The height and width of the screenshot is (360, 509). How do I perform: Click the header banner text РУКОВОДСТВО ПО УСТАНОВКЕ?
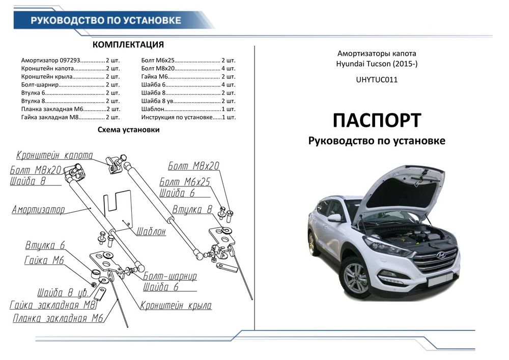(106, 20)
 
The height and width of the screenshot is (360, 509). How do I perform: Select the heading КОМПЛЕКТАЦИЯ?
(128, 44)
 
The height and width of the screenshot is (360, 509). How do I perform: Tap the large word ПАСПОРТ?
(377, 121)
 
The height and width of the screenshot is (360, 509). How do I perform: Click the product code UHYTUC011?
(377, 79)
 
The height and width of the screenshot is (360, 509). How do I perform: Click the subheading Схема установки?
(128, 130)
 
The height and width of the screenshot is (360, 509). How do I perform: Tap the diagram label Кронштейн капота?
(54, 155)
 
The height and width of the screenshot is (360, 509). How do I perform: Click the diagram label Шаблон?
(151, 232)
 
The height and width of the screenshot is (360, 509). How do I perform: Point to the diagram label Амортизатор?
(39, 209)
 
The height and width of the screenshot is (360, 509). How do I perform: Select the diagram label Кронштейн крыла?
(176, 306)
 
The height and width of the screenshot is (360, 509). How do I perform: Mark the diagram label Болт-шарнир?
(170, 276)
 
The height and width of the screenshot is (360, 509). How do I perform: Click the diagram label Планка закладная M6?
(59, 319)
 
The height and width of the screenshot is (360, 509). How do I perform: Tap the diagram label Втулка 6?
(45, 245)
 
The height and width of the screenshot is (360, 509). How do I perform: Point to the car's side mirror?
(334, 218)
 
